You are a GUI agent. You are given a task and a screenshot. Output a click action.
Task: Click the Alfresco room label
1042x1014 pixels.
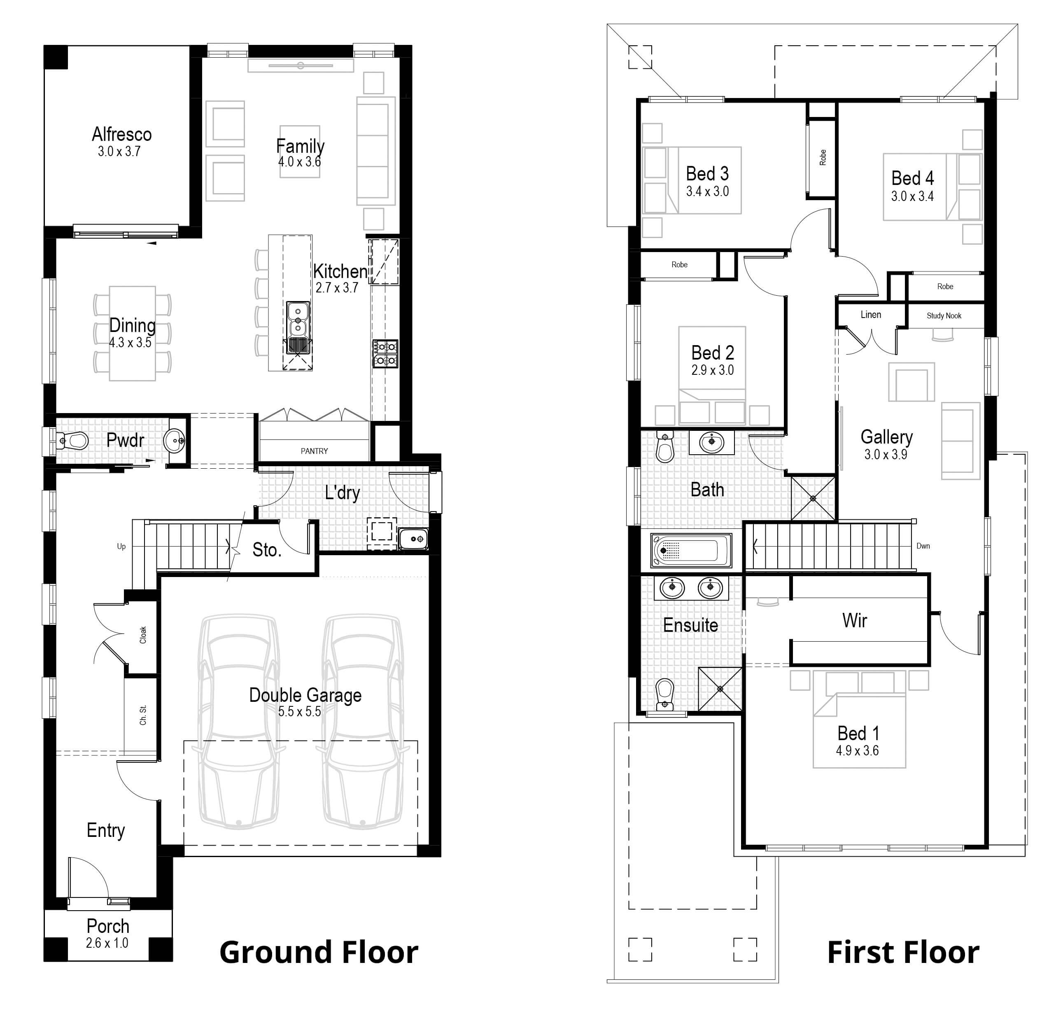pos(121,134)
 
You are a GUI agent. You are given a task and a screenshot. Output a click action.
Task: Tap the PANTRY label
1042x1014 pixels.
pos(314,451)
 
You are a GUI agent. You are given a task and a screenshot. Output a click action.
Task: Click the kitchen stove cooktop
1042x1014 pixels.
pos(385,354)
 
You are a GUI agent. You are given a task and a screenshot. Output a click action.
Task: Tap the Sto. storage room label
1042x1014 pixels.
pos(266,549)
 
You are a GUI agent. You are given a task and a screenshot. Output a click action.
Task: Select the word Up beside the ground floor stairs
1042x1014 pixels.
pos(121,547)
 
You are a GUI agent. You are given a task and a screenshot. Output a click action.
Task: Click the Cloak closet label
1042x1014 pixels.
pos(143,635)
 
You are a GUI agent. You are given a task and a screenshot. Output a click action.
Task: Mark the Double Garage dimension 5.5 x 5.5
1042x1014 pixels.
pos(299,712)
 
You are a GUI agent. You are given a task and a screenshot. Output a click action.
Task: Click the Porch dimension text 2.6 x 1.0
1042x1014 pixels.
pos(107,943)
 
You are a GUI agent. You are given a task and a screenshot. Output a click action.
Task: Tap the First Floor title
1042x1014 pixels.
pos(903,953)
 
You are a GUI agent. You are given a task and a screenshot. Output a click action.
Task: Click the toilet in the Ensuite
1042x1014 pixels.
pos(665,694)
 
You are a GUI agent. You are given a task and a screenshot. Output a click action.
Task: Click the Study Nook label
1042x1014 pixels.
pos(944,316)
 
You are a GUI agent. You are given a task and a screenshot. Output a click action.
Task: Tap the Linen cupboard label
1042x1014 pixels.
pos(871,315)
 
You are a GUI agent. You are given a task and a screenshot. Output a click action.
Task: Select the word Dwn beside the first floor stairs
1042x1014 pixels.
pos(923,546)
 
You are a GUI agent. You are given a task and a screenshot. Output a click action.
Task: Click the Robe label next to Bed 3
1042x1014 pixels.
pos(823,157)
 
